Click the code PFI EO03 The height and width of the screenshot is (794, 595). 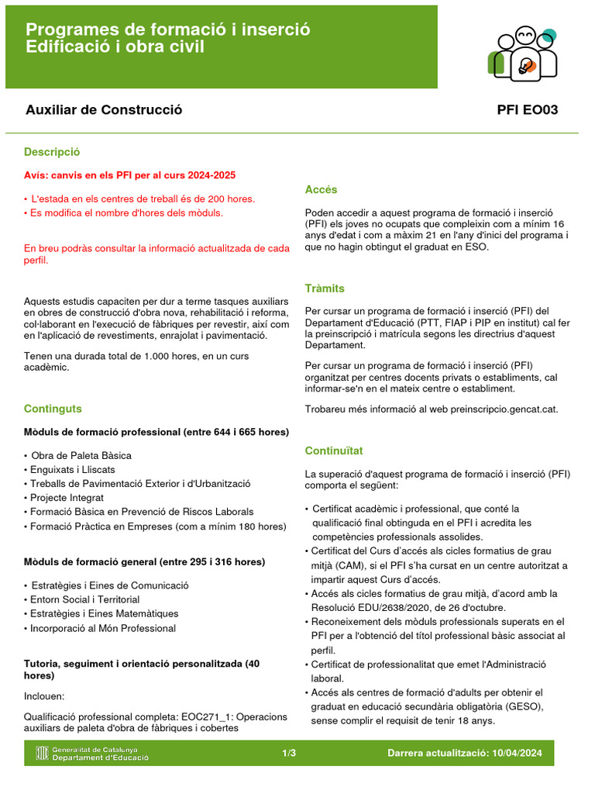pyautogui.click(x=527, y=110)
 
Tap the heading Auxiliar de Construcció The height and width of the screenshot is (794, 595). pyautogui.click(x=104, y=110)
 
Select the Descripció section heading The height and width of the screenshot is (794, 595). pyautogui.click(x=52, y=152)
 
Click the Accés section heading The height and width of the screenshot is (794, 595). pyautogui.click(x=321, y=190)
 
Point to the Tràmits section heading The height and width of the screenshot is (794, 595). pyautogui.click(x=325, y=288)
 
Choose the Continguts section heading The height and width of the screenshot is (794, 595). pyautogui.click(x=53, y=409)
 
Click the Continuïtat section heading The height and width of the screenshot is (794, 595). pyautogui.click(x=334, y=451)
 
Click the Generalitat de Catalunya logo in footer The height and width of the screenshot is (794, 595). pyautogui.click(x=92, y=753)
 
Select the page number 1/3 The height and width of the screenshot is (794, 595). pyautogui.click(x=289, y=753)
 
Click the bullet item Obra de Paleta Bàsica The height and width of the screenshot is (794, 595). pyautogui.click(x=81, y=455)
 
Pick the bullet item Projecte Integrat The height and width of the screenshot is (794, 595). pyautogui.click(x=67, y=498)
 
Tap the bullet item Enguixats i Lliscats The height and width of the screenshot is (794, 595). pyautogui.click(x=72, y=470)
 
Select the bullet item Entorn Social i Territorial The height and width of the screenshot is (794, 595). pyautogui.click(x=85, y=599)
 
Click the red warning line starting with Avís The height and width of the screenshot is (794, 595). pyautogui.click(x=129, y=175)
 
